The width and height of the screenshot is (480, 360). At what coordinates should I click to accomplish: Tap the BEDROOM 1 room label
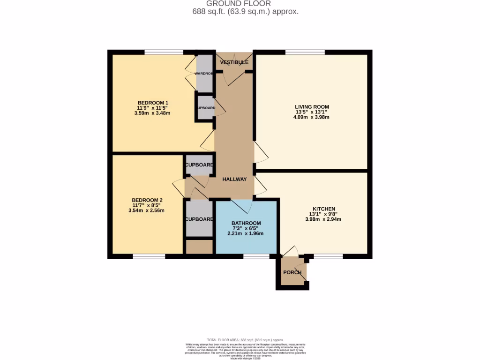(153, 103)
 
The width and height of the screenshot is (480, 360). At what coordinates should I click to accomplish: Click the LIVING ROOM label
(312, 107)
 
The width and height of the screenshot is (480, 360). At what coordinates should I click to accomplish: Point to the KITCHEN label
(324, 209)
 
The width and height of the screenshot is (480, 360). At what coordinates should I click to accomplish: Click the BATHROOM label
(246, 223)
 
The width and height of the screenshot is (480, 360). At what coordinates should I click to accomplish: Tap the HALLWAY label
(234, 180)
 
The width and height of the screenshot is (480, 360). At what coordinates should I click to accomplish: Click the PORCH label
(292, 273)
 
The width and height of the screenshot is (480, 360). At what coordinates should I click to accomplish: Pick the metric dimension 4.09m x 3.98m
(312, 117)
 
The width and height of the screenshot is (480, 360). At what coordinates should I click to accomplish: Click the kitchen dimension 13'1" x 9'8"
(323, 214)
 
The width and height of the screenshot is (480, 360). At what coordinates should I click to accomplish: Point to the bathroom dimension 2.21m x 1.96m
(246, 233)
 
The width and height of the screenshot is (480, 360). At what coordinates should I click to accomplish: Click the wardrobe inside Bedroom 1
(205, 73)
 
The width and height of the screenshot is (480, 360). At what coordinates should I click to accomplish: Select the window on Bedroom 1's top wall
(164, 52)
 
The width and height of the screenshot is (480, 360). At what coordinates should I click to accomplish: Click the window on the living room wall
(305, 52)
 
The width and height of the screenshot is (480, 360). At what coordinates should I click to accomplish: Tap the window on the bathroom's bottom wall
(256, 256)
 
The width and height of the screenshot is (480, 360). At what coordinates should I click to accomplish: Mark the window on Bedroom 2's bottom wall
(149, 256)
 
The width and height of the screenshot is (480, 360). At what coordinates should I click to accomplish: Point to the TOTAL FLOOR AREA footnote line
(245, 340)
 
